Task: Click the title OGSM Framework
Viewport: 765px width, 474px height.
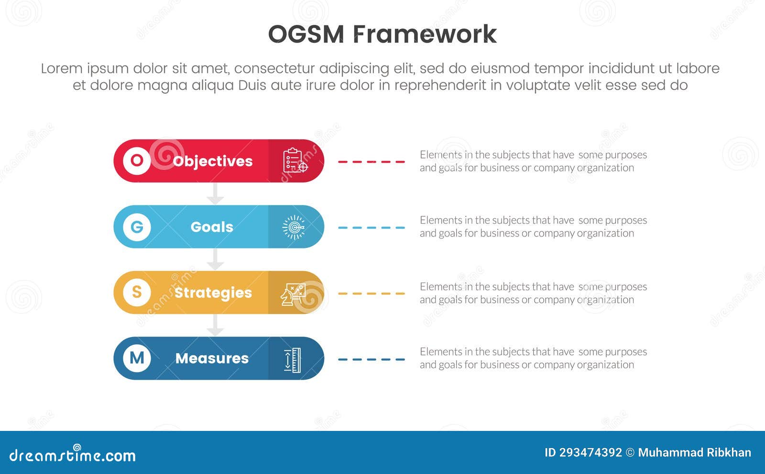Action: tap(382, 34)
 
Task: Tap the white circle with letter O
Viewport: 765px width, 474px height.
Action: tap(137, 160)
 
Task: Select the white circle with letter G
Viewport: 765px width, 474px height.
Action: tap(137, 226)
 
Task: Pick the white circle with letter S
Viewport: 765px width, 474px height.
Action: tap(137, 292)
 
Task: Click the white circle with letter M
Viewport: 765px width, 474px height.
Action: tap(137, 358)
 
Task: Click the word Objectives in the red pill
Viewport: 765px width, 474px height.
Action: tap(212, 161)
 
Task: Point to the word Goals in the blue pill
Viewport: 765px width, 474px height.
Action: tap(212, 226)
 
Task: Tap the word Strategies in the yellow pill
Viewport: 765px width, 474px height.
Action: tap(213, 292)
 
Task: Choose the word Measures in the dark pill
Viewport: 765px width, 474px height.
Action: tap(212, 358)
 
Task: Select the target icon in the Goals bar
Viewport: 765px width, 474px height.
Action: tap(294, 226)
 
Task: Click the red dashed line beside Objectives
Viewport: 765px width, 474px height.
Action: tap(371, 162)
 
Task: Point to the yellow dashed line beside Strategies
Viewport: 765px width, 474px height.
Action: tap(371, 293)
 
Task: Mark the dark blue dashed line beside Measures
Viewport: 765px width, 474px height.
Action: tap(371, 359)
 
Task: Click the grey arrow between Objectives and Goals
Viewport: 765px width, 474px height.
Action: tap(215, 193)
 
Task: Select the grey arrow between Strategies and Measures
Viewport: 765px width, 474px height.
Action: tap(215, 325)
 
